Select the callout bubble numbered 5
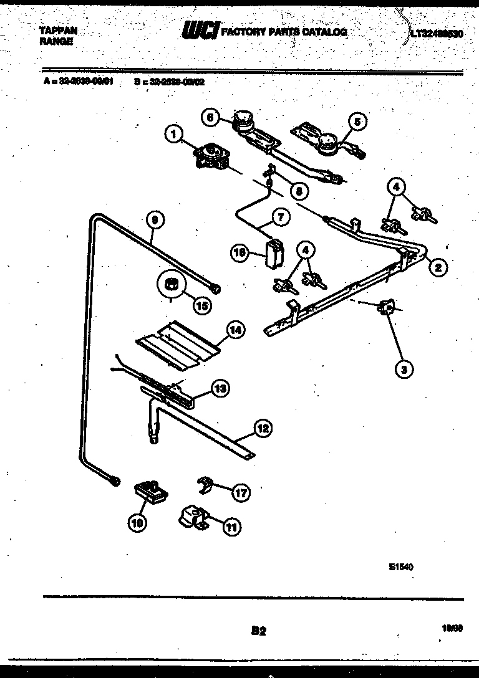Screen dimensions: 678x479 click(357, 122)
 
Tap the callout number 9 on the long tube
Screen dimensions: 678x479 click(155, 219)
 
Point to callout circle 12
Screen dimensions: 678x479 click(263, 428)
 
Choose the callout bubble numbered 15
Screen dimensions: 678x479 click(201, 306)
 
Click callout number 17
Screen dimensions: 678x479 click(240, 492)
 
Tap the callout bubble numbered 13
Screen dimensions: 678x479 click(220, 388)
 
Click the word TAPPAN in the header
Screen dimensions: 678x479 click(58, 30)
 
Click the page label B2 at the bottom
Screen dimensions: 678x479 click(259, 631)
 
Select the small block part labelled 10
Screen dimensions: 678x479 click(152, 490)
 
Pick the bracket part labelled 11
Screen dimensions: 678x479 click(193, 517)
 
